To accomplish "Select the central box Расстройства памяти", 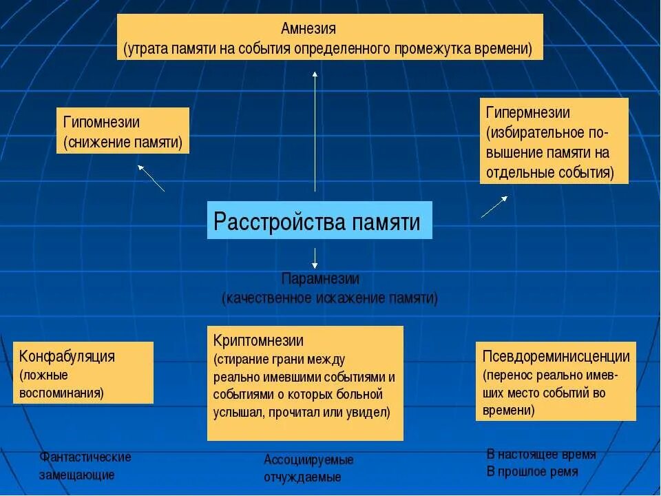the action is (x=319, y=221).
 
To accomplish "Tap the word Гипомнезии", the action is (x=101, y=123).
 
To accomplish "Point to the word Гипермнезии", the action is (x=527, y=112).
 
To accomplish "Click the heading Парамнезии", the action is (x=320, y=279).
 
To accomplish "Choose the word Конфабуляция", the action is (x=67, y=357).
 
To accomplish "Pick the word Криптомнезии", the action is (x=258, y=341).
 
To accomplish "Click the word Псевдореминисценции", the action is (x=556, y=357).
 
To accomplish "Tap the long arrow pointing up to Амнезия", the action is (x=315, y=131).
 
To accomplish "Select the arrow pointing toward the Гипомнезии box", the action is (x=151, y=178).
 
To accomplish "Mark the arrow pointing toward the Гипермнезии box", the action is (x=494, y=207).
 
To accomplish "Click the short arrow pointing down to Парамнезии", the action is (x=315, y=258).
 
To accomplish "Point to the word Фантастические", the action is (x=85, y=457).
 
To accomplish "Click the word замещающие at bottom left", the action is (x=76, y=475).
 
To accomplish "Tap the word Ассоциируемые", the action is (x=308, y=459).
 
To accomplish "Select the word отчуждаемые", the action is (x=302, y=477).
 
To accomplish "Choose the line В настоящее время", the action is (x=541, y=455).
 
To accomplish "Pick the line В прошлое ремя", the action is (x=532, y=472).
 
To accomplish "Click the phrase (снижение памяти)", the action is (x=123, y=143).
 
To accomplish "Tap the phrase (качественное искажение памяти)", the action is (x=329, y=298).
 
